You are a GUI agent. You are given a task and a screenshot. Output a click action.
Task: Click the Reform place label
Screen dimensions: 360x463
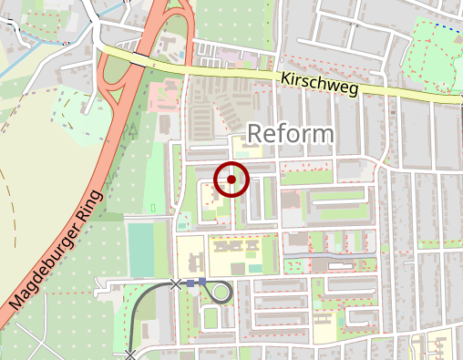(291, 134)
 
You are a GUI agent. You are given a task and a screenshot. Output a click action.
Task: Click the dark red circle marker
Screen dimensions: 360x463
(231, 179)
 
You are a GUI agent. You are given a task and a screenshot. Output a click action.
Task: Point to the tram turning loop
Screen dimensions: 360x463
(221, 292)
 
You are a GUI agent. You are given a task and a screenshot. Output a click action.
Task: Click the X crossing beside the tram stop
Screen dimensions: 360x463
(175, 284)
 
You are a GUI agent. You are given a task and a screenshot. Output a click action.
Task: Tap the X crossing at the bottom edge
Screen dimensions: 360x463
(130, 354)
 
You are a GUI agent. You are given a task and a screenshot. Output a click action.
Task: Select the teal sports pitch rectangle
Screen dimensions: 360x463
(140, 249)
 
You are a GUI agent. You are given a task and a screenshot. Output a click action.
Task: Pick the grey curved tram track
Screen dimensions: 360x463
(138, 314)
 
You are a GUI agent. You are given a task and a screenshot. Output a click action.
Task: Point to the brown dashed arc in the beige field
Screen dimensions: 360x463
(15, 210)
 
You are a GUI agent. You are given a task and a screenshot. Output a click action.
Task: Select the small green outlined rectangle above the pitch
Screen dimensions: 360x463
(152, 209)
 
